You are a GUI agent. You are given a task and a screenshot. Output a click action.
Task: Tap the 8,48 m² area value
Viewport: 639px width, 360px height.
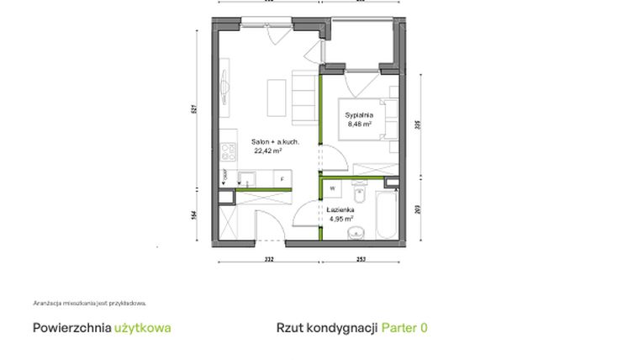pos(360,124)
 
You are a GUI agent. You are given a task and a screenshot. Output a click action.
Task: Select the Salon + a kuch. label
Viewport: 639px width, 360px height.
pos(275,142)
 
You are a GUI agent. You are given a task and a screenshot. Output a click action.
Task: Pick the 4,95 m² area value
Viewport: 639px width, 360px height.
pos(341,219)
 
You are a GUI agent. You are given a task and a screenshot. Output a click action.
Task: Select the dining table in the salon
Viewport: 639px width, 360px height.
pos(275,98)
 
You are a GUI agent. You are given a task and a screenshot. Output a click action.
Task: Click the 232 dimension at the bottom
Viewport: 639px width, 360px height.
pos(269,260)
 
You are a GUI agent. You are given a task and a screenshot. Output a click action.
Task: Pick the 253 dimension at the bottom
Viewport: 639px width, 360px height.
pos(360,260)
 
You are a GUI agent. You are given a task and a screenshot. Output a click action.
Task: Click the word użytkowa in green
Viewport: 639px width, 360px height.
pos(142,328)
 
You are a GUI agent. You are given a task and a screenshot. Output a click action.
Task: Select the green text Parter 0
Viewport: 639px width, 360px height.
pos(404,328)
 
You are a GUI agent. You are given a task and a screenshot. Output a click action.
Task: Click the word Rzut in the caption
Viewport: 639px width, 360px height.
pos(289,328)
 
